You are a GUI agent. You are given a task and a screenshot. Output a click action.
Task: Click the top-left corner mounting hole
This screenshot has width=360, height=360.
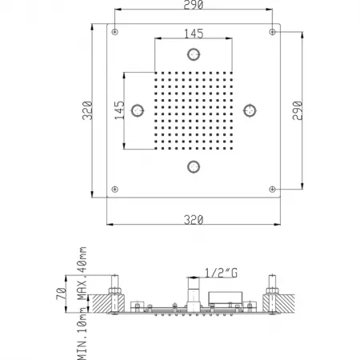[x=114, y=32]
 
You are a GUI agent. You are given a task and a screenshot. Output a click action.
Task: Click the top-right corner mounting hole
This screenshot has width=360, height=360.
[x=272, y=32]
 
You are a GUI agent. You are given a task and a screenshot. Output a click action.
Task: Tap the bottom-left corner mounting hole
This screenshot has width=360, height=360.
[x=114, y=190]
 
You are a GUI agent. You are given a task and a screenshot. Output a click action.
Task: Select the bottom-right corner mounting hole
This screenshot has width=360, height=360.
[x=272, y=190]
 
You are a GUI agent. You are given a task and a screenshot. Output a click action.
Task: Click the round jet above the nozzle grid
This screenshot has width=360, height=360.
[x=194, y=54]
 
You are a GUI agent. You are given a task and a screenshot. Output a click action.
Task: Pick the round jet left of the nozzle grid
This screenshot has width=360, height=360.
[x=138, y=110]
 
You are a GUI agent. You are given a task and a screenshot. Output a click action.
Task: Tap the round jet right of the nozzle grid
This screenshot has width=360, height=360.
[x=250, y=110]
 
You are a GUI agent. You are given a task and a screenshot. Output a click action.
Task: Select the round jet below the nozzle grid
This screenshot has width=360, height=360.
[x=194, y=167]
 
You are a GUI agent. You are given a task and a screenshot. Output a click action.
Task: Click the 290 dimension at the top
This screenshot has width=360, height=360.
[x=194, y=5]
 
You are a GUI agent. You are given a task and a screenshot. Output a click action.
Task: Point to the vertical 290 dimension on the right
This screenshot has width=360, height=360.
[x=298, y=110]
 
